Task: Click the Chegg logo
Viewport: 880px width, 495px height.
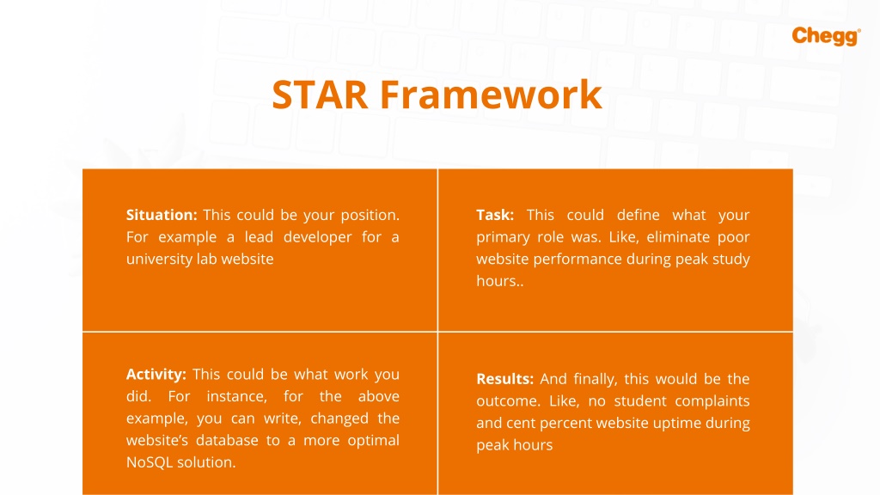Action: tap(826, 36)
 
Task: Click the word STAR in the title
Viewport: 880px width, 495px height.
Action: tap(320, 94)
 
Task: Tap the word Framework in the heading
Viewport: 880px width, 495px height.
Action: tap(491, 94)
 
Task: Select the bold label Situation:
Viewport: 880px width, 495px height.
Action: tap(162, 215)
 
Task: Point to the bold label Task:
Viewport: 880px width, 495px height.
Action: tap(495, 215)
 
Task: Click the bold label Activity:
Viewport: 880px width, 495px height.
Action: tap(156, 375)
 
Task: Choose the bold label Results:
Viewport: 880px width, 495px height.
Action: tap(505, 379)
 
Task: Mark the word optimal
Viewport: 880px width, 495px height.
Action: tap(373, 441)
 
